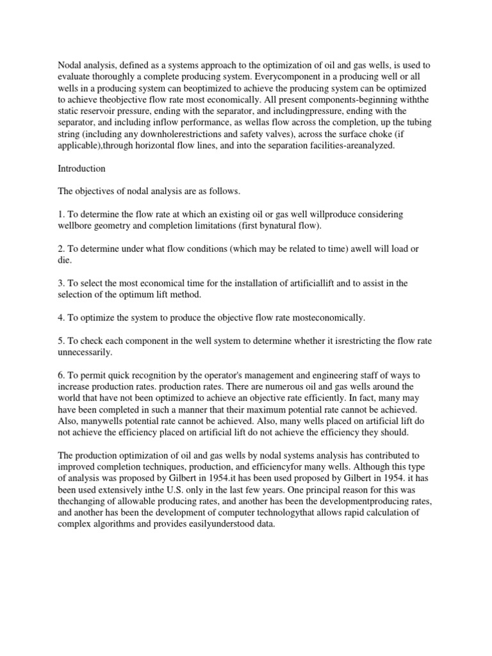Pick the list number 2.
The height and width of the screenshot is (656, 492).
click(61, 249)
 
